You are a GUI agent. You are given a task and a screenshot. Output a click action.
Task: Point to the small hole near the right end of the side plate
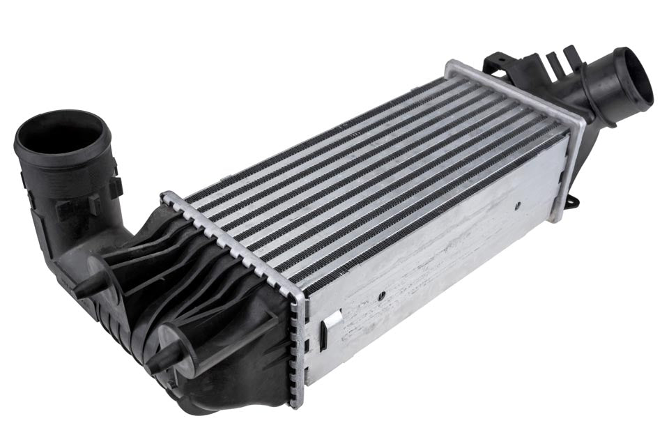point(517,206)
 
